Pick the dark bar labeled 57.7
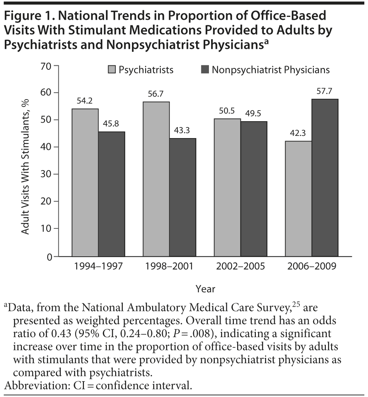coord(325,178)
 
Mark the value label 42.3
coord(299,134)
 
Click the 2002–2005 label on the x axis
coord(240,266)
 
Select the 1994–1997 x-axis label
coord(98,266)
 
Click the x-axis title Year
coord(205,289)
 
